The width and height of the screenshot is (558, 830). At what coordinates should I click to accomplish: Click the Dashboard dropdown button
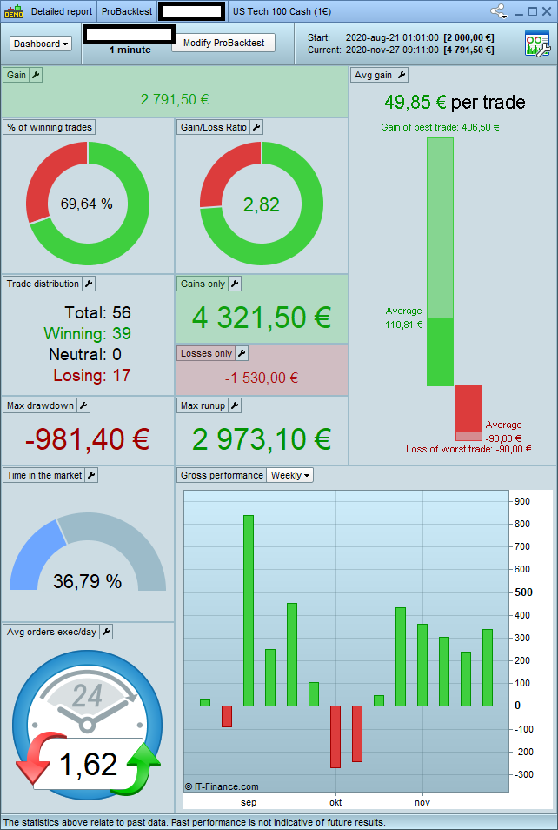pos(41,44)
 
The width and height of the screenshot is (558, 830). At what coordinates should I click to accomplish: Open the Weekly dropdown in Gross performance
pos(290,475)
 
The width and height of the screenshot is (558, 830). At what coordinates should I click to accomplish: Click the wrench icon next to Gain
pos(36,75)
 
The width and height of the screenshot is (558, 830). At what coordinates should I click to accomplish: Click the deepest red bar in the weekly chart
pos(335,736)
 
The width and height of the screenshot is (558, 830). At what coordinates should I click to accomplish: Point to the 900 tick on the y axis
pos(521,501)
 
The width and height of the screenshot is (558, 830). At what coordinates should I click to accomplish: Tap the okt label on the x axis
pos(335,802)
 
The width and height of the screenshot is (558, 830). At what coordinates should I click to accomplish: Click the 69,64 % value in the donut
pos(87,204)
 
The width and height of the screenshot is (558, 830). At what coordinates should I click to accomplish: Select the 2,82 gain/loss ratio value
pos(262,204)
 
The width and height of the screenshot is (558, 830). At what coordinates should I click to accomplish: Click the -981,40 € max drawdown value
pos(87,439)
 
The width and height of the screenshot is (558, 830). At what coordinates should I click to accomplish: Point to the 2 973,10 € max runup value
pos(262,439)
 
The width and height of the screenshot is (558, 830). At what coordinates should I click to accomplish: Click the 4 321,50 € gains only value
pos(262,318)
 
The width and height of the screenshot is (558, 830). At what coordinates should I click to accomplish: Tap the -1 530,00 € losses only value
pos(262,378)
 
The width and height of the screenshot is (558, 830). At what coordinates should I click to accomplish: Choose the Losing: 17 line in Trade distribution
pos(92,376)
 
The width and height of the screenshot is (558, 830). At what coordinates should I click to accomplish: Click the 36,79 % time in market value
pos(87,581)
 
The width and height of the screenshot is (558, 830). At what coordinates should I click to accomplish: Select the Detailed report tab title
pos(61,12)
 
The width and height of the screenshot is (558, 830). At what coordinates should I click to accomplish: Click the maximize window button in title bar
pos(533,12)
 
